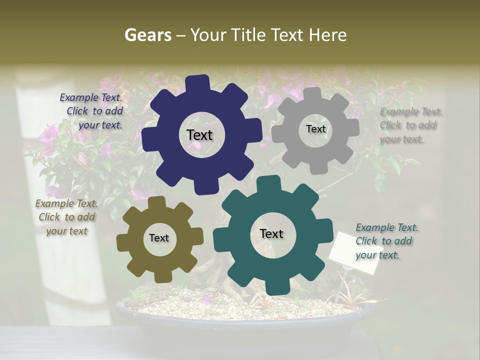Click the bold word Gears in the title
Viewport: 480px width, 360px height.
tap(147, 35)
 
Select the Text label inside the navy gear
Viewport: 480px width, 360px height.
tap(199, 135)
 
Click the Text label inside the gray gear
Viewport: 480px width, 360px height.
tap(315, 129)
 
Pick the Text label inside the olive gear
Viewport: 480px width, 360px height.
tap(159, 238)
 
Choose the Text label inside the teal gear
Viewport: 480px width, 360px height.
tap(271, 233)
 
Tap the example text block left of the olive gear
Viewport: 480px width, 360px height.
tap(66, 217)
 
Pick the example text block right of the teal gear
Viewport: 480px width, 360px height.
tap(386, 241)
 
